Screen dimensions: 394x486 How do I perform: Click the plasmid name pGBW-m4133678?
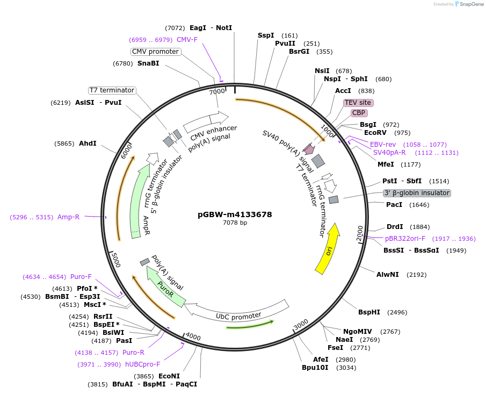click(235, 214)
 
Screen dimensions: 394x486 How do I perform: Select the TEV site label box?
click(358, 102)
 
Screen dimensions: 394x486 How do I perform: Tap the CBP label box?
click(359, 113)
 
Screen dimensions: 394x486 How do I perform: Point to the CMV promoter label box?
click(155, 52)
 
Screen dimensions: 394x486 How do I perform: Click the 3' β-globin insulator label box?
click(417, 193)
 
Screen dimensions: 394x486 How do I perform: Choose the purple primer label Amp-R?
click(68, 217)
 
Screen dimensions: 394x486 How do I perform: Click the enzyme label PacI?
click(394, 205)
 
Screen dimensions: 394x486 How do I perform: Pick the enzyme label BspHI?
click(369, 312)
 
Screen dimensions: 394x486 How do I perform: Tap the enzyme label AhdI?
click(88, 144)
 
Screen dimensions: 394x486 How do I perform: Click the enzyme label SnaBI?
click(148, 63)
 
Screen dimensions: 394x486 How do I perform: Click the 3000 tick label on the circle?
click(301, 324)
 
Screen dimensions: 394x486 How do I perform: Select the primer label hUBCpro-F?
click(143, 364)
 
